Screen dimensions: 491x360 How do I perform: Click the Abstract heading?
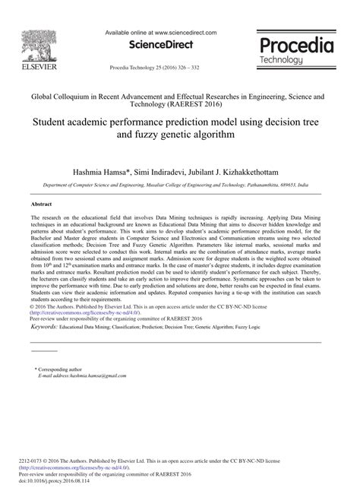(42, 204)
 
